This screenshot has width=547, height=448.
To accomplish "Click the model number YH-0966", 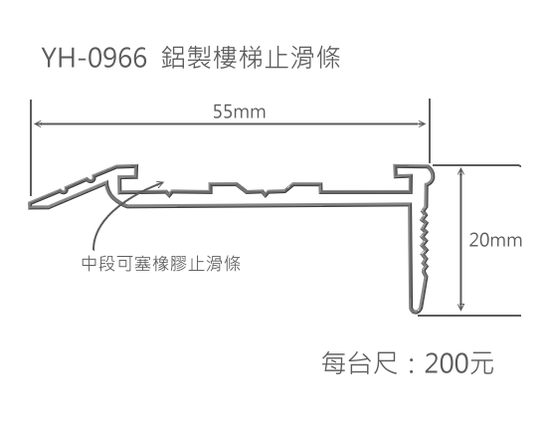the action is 94,58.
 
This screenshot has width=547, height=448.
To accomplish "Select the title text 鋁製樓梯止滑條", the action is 251,58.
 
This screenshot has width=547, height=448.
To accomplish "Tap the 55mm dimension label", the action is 240,112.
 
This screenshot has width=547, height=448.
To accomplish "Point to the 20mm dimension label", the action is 495,241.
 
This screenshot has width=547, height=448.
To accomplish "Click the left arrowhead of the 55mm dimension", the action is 37,123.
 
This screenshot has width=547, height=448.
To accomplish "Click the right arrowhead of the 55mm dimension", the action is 422,123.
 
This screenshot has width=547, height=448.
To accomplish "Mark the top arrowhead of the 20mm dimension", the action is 461,171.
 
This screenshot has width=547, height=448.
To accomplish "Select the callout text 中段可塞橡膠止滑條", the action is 161,263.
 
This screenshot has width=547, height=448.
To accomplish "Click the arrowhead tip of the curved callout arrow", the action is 163,182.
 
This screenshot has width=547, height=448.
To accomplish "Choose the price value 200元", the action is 458,362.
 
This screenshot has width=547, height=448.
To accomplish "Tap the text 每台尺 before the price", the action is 359,362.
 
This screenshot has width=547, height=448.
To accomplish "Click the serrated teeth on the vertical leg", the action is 425,240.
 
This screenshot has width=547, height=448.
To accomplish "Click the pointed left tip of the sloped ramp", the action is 31,206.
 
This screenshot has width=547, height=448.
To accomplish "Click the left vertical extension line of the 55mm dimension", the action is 31,148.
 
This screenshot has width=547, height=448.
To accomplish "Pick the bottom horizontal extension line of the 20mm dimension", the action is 469,316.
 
